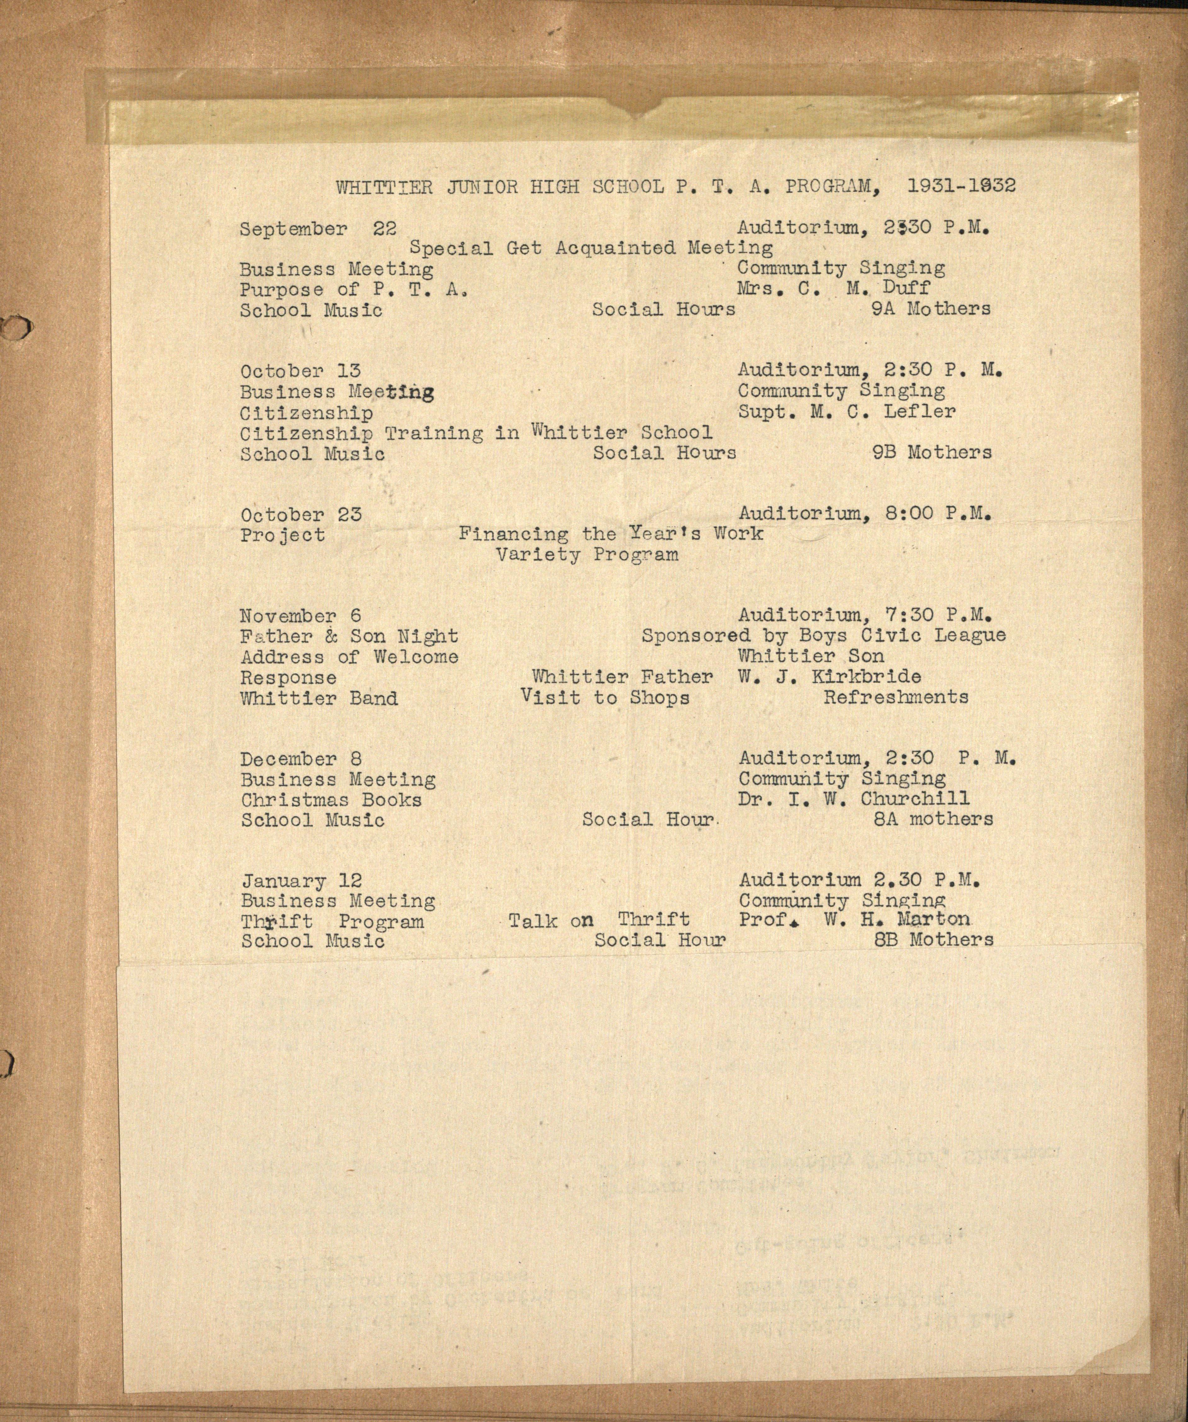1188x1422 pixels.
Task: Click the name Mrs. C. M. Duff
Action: pyautogui.click(x=834, y=288)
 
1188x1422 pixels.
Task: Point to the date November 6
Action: pyautogui.click(x=301, y=616)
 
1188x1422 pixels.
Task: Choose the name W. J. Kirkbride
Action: pyautogui.click(x=829, y=677)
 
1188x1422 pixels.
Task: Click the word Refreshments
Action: pyautogui.click(x=895, y=697)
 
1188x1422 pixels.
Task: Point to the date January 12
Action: pyautogui.click(x=302, y=881)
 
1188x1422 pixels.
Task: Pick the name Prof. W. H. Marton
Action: pyautogui.click(x=854, y=920)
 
